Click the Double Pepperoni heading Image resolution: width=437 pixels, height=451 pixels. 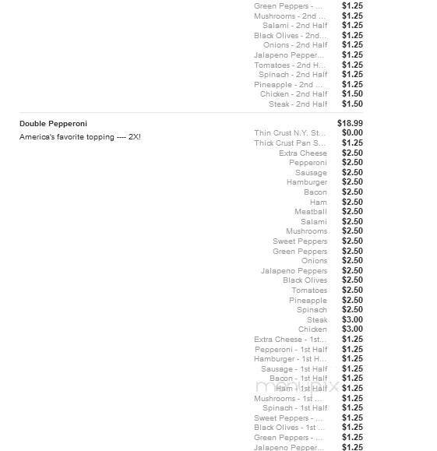pyautogui.click(x=53, y=124)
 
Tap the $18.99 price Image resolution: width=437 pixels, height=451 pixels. pyautogui.click(x=350, y=124)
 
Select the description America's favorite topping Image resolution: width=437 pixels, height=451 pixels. pyautogui.click(x=79, y=137)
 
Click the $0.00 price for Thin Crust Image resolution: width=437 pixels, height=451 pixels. pyautogui.click(x=352, y=133)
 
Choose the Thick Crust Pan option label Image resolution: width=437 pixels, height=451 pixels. pyautogui.click(x=290, y=143)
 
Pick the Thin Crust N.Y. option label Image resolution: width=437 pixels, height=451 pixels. pyautogui.click(x=290, y=133)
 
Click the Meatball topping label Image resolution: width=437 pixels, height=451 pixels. pyautogui.click(x=310, y=212)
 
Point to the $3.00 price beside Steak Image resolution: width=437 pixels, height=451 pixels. pyautogui.click(x=352, y=320)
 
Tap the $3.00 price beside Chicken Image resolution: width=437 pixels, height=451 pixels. pyautogui.click(x=352, y=329)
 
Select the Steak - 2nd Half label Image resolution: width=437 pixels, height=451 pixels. pyautogui.click(x=298, y=104)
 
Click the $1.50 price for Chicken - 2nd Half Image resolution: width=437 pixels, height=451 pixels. pyautogui.click(x=352, y=94)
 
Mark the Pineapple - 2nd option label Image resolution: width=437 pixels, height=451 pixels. pyautogui.click(x=288, y=85)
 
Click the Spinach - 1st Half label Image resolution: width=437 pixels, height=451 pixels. pyautogui.click(x=294, y=408)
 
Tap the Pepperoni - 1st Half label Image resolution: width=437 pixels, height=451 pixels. pyautogui.click(x=291, y=350)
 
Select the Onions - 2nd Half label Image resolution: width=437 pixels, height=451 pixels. pyautogui.click(x=295, y=45)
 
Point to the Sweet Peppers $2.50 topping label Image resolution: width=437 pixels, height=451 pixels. pyautogui.click(x=300, y=241)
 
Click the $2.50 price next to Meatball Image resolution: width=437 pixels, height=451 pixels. pyautogui.click(x=352, y=212)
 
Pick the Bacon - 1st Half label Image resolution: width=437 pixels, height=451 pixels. pyautogui.click(x=298, y=379)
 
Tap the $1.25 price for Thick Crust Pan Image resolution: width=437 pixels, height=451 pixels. pyautogui.click(x=352, y=143)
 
